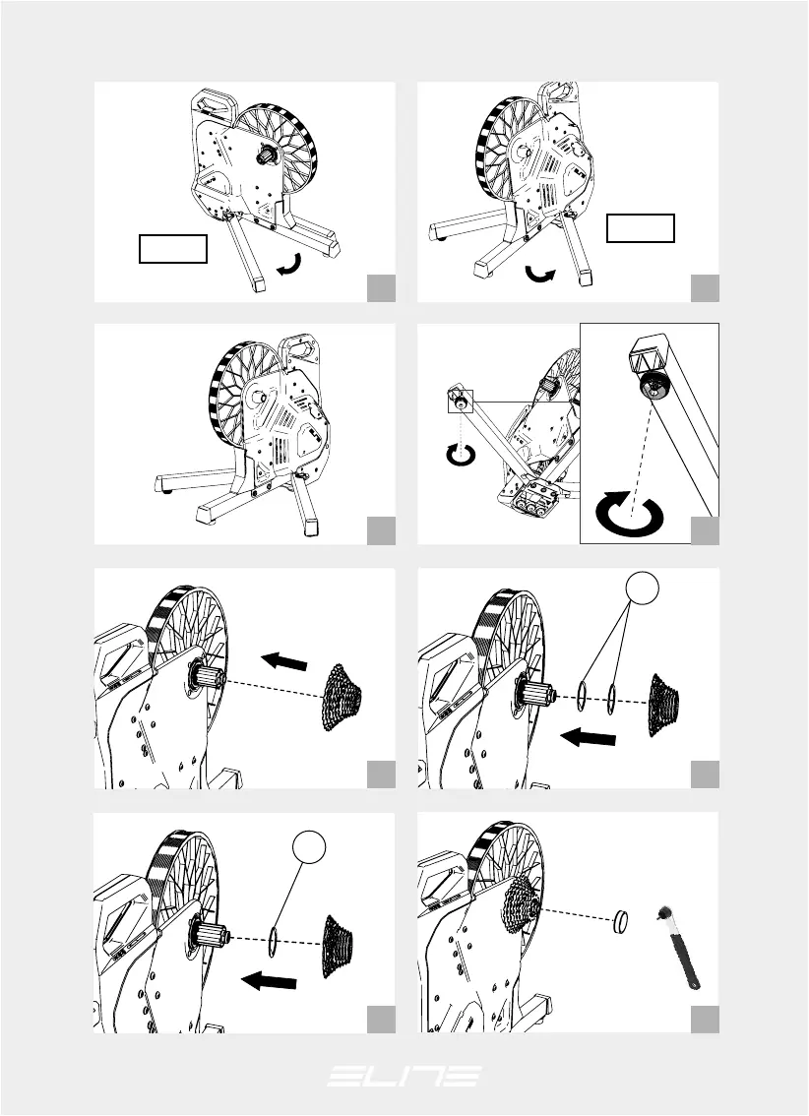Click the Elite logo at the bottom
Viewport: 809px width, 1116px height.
(404, 1076)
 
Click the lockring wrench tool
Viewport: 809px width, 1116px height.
(679, 948)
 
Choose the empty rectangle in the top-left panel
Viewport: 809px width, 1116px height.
(173, 249)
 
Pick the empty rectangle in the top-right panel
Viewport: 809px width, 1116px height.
(641, 227)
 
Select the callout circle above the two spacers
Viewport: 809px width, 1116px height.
(642, 588)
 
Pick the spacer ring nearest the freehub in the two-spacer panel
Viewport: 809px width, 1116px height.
(582, 694)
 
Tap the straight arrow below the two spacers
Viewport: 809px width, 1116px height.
(588, 738)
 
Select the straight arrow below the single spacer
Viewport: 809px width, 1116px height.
(269, 981)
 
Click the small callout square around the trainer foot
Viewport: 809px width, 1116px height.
(461, 401)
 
